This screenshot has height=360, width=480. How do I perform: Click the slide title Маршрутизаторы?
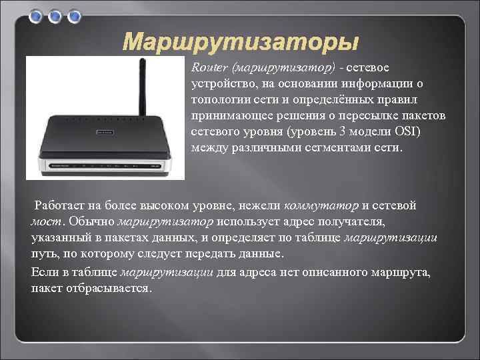coord(241,42)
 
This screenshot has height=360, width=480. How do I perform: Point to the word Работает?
coord(61,205)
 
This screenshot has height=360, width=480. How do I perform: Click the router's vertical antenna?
coord(141,87)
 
